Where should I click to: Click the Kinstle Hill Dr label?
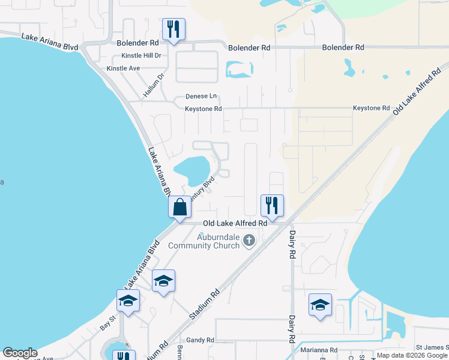tap(142, 56)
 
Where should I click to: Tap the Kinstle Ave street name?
tap(123, 68)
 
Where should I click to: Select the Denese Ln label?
tap(200, 96)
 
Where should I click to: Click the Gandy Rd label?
tap(200, 340)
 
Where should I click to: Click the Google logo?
tap(20, 353)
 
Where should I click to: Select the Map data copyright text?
tap(412, 356)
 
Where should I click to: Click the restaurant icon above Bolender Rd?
tap(173, 29)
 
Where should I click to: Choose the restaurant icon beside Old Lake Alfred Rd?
tap(272, 206)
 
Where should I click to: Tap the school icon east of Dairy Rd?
tap(321, 305)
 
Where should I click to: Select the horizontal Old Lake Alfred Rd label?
tap(235, 223)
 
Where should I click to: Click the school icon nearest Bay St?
tap(128, 301)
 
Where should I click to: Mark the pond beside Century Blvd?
tap(192, 169)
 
